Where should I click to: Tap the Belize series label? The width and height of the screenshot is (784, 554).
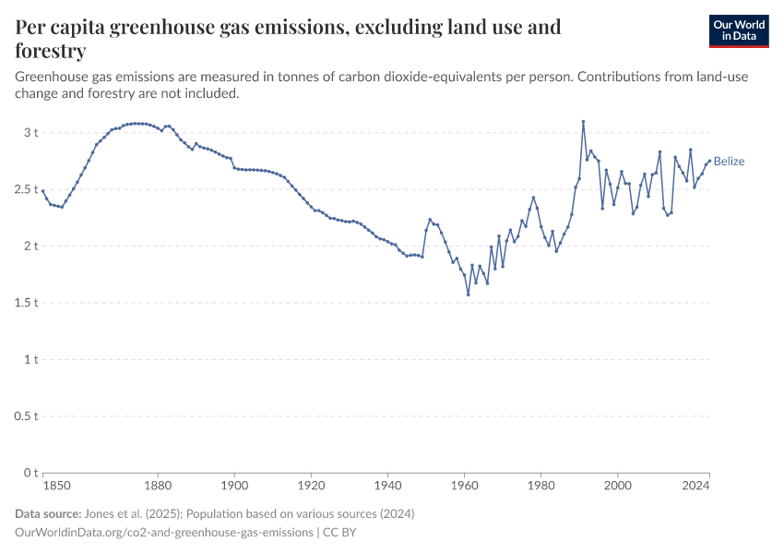pyautogui.click(x=729, y=162)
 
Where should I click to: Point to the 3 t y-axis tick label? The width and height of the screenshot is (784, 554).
pyautogui.click(x=30, y=133)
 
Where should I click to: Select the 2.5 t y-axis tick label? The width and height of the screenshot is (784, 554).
pyautogui.click(x=25, y=189)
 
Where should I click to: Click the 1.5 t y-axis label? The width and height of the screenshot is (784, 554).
pyautogui.click(x=25, y=303)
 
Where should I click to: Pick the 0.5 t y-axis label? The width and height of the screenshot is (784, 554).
pyautogui.click(x=25, y=416)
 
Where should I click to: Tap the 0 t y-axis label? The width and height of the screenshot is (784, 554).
pyautogui.click(x=30, y=473)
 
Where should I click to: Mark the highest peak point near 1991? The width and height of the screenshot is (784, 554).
pyautogui.click(x=583, y=121)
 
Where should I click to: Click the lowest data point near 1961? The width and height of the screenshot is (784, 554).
pyautogui.click(x=469, y=295)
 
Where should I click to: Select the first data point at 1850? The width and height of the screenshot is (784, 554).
pyautogui.click(x=43, y=191)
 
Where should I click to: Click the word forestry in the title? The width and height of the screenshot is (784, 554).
pyautogui.click(x=51, y=50)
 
